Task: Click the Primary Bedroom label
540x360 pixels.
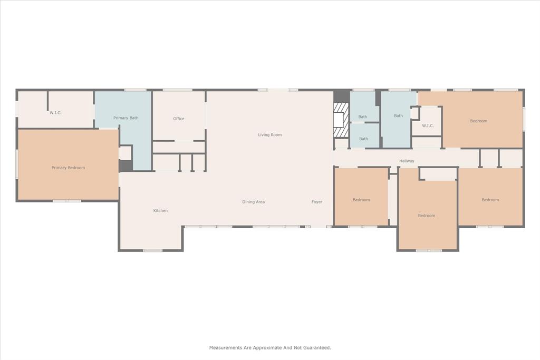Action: [x=68, y=168]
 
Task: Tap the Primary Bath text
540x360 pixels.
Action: [x=126, y=118]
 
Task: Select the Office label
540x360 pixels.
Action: [x=179, y=119]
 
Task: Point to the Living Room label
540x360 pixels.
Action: [x=269, y=135]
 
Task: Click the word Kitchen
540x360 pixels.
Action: [x=160, y=211]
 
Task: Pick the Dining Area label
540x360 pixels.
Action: [x=253, y=202]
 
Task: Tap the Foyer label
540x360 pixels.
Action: [x=316, y=202]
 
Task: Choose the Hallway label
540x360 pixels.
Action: [x=406, y=161]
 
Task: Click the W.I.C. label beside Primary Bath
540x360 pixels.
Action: [x=55, y=113]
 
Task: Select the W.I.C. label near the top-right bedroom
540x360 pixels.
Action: [x=428, y=125]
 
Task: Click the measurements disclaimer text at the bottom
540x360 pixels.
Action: [x=270, y=347]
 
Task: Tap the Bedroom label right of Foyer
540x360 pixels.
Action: [x=361, y=200]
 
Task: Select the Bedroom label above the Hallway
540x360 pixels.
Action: [x=478, y=121]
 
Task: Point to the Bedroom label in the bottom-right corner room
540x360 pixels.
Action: [x=490, y=200]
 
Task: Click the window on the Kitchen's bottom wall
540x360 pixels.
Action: [x=152, y=250]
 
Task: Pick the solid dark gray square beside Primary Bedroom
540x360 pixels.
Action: [x=126, y=166]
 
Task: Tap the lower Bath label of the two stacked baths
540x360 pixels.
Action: [x=363, y=139]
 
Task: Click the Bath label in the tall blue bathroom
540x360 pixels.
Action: [x=398, y=116]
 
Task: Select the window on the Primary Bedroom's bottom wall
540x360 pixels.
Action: [x=66, y=201]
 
